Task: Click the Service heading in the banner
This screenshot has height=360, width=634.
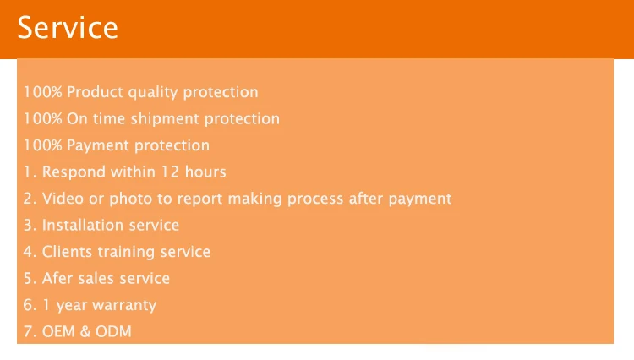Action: pos(68,28)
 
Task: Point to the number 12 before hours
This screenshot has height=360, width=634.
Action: pos(170,172)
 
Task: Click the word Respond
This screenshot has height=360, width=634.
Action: pos(74,172)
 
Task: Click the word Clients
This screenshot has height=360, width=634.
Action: pos(67,252)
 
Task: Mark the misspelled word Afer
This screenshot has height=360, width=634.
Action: pos(57,278)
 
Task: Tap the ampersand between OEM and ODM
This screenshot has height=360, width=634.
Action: pos(85,332)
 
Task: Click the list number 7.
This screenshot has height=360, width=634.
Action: pos(28,332)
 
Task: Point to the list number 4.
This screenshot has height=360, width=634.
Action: pos(28,252)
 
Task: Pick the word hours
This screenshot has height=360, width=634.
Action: pos(205,172)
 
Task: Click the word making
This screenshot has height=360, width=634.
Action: pos(254,199)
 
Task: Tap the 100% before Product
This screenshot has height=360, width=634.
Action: pos(43,92)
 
